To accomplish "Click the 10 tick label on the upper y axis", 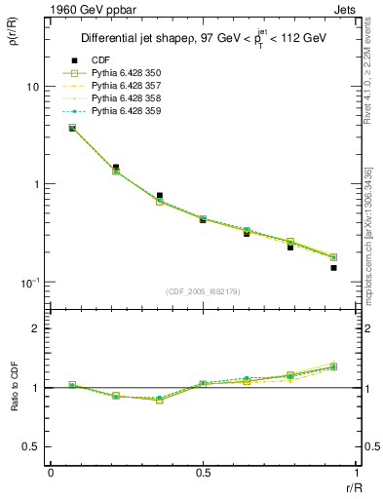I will click(32, 87).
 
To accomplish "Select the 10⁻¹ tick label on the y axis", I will click(30, 282).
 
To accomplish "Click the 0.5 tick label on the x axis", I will click(203, 473).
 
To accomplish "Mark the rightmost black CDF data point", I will click(333, 267).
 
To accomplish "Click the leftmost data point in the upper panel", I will click(72, 128).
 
